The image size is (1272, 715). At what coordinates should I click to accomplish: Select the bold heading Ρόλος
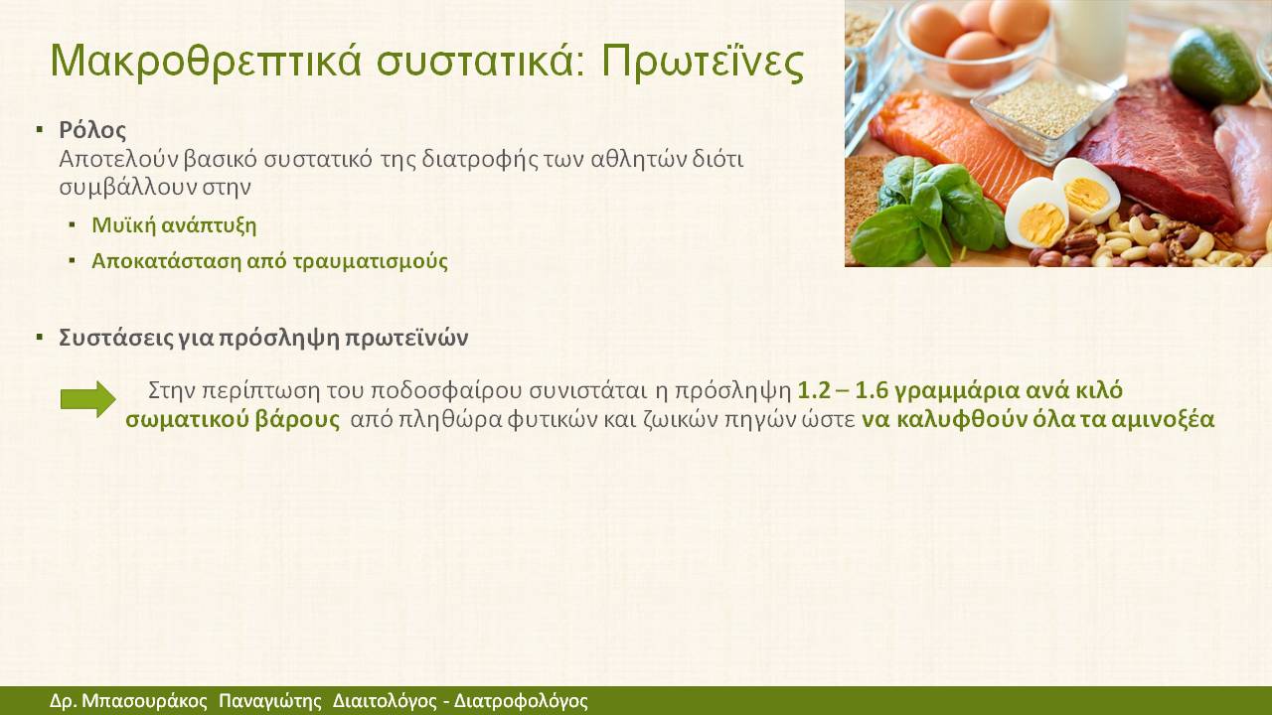[x=92, y=130]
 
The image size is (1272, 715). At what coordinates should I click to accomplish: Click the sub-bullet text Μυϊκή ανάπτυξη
[x=174, y=225]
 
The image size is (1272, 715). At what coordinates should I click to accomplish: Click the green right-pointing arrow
[x=88, y=399]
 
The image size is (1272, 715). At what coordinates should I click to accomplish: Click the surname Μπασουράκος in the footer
[x=145, y=701]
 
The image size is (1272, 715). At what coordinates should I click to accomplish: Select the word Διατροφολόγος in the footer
[x=521, y=701]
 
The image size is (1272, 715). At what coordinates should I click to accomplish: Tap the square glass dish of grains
[x=1043, y=110]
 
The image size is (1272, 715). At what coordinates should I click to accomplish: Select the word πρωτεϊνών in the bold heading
[x=406, y=339]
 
